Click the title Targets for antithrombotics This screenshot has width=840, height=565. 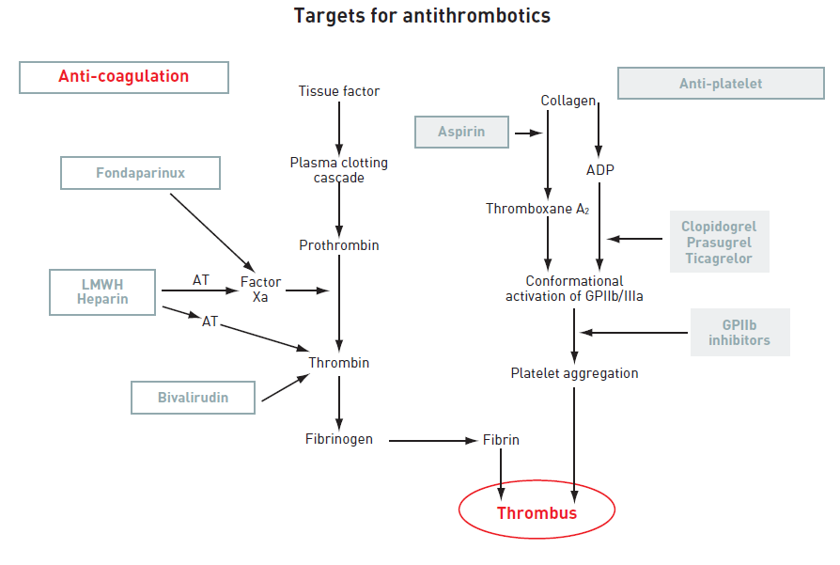point(422,16)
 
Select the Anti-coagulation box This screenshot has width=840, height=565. point(124,77)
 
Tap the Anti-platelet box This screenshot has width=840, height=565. point(721,84)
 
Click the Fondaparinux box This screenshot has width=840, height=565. point(140,173)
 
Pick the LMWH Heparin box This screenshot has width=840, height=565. point(102,291)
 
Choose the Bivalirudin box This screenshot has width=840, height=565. point(193,397)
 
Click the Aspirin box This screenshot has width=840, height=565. point(461,132)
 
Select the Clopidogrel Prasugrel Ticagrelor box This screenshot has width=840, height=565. point(719,243)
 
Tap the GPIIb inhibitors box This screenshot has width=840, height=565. point(739,332)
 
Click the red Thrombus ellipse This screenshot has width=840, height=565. point(537,512)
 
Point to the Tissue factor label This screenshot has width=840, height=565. point(339,91)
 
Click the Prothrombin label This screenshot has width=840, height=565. point(339,245)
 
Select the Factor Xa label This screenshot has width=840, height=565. point(260,290)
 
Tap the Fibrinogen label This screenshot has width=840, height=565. point(339,439)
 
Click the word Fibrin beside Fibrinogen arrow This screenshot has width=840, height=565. point(501,439)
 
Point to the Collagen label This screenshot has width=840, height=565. point(568,101)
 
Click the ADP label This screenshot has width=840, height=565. point(599,170)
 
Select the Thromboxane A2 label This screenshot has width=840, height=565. point(536,209)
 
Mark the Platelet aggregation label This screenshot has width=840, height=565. point(574,373)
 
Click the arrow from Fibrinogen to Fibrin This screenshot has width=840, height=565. point(432,440)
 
